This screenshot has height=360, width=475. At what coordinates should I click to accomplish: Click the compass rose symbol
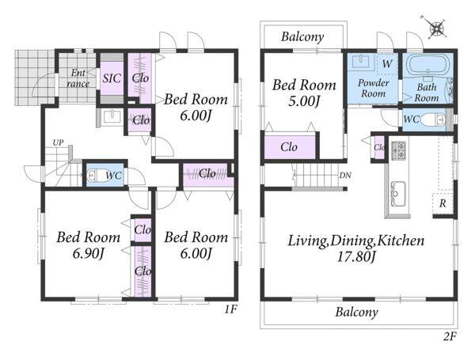(436, 28)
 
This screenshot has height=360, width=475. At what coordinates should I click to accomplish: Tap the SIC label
(112, 78)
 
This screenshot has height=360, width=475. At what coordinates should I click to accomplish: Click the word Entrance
(78, 78)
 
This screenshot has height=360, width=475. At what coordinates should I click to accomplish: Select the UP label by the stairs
(58, 142)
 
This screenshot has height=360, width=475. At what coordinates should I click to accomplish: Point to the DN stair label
(345, 176)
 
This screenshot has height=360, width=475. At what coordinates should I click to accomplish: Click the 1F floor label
(230, 309)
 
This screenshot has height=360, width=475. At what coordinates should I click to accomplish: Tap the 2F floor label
(450, 336)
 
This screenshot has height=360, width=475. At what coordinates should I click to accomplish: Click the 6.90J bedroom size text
(89, 254)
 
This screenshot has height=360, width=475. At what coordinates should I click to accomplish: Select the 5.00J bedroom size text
(304, 101)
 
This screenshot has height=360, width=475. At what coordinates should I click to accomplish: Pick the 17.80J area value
(356, 257)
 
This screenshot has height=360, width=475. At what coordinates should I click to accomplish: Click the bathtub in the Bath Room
(428, 65)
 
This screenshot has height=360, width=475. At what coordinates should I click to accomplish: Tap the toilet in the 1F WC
(98, 176)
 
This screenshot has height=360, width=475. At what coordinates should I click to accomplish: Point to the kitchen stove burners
(398, 150)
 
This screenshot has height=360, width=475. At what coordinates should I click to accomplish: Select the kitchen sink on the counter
(397, 194)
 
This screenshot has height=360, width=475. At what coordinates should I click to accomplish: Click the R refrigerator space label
(443, 203)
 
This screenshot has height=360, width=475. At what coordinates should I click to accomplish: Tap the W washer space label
(387, 64)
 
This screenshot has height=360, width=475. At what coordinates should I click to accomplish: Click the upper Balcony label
(302, 36)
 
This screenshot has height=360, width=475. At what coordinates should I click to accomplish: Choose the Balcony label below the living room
(356, 312)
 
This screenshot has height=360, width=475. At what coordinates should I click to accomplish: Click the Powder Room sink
(360, 62)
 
